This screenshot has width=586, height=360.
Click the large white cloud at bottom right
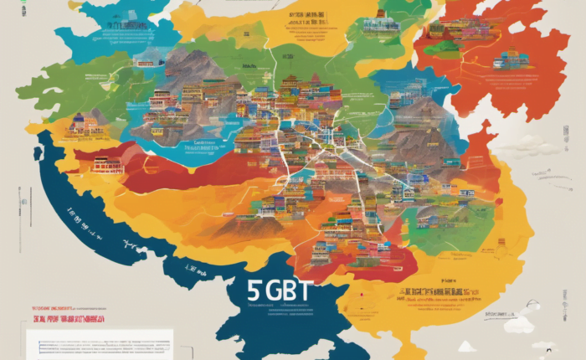pos(518,323)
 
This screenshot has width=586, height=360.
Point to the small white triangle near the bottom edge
pos(465,346)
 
